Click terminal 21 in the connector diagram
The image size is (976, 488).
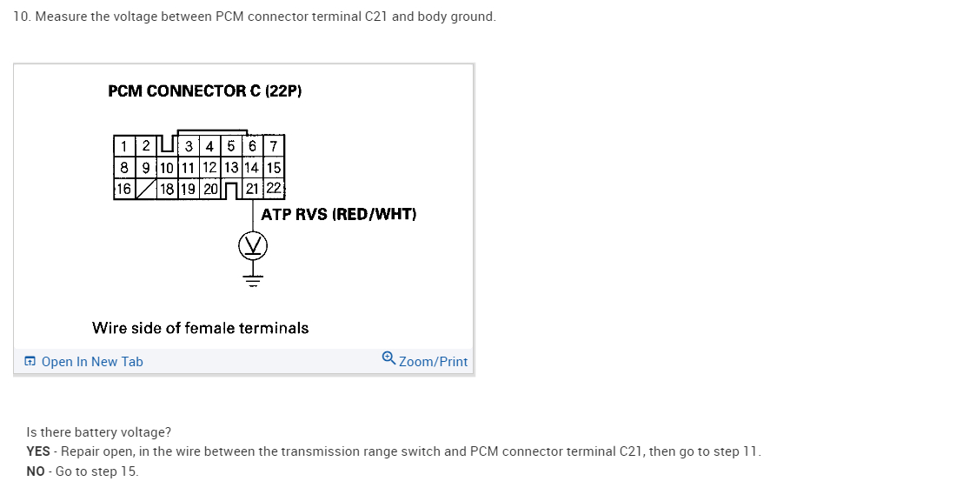coord(252,189)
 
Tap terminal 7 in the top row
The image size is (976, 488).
coord(274,145)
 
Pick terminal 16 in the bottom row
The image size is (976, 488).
coord(124,189)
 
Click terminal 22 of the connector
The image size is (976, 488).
coord(274,189)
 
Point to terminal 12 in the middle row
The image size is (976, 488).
coord(209,167)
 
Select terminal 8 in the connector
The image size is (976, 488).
coord(124,167)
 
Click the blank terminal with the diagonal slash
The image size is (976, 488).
coord(146,189)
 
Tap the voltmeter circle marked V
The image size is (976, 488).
coord(253,247)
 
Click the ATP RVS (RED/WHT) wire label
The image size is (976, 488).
coord(339,214)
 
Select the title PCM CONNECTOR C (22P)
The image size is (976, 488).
coord(204,90)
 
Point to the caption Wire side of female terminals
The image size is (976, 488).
coord(200,328)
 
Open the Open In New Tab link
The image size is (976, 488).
coord(92,362)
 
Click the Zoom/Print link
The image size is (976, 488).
coord(433,362)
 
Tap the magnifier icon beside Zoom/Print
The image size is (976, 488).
coord(388,358)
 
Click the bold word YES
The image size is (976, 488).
coord(38,451)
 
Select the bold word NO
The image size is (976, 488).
coord(36,471)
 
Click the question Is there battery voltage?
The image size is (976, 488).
coord(99,432)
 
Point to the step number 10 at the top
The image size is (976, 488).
coord(21,17)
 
